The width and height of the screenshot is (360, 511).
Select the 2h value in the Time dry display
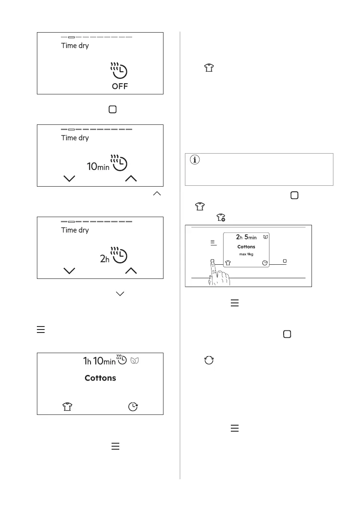(x=105, y=259)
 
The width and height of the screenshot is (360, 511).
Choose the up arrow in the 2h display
(x=131, y=271)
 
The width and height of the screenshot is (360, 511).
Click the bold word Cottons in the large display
(x=100, y=378)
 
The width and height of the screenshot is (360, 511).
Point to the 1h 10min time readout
(x=99, y=361)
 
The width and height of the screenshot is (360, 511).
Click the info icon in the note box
(x=195, y=160)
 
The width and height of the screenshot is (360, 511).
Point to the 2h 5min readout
(x=246, y=237)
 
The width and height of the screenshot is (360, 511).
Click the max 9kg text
(x=246, y=254)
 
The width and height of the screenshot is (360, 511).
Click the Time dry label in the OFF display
(x=75, y=45)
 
